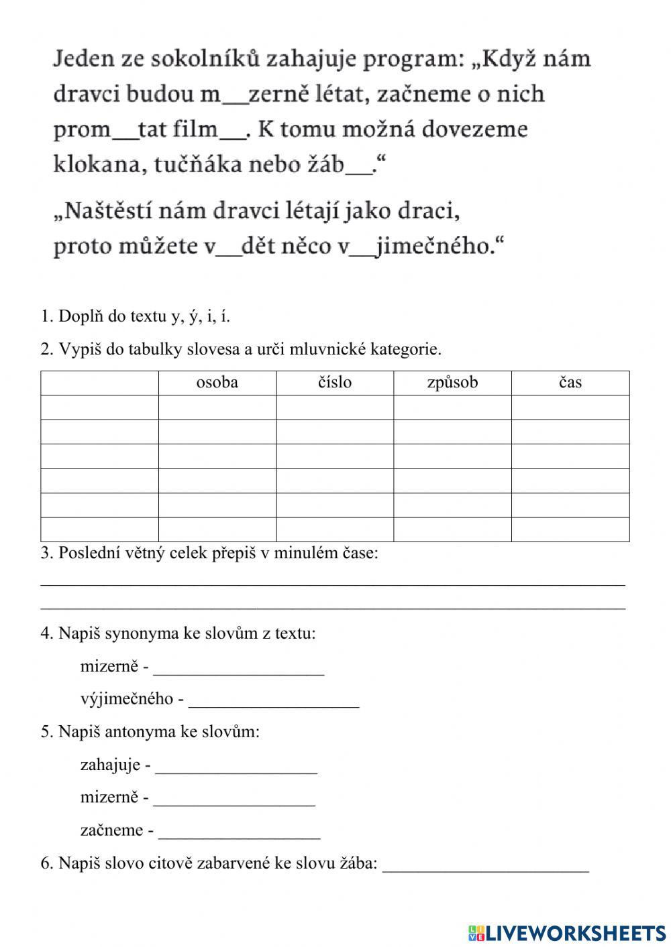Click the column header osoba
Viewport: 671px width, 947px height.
pyautogui.click(x=217, y=383)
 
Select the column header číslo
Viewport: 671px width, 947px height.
pyautogui.click(x=334, y=383)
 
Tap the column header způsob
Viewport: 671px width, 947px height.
pyautogui.click(x=452, y=383)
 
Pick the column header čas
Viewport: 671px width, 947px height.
pyautogui.click(x=570, y=383)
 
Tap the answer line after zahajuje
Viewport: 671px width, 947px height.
pyautogui.click(x=236, y=769)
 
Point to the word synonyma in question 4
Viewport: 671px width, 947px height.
pyautogui.click(x=142, y=633)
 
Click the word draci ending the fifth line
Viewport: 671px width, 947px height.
pyautogui.click(x=435, y=212)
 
